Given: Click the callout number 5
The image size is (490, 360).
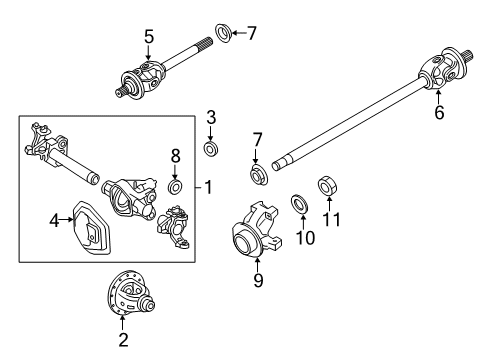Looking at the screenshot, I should [x=148, y=38].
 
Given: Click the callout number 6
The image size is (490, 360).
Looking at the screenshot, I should [x=438, y=114].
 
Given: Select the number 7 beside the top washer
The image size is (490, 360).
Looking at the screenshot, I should [x=251, y=33].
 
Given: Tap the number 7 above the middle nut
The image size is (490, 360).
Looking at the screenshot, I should [x=257, y=138].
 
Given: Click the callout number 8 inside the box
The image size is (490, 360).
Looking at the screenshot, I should [x=175, y=155].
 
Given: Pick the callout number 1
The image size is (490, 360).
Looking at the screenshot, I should [x=209, y=186].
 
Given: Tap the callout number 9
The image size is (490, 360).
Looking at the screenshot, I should [x=259, y=282].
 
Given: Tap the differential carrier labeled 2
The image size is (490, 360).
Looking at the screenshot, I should [x=125, y=299].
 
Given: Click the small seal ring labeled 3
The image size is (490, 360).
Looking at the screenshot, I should [x=211, y=149].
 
